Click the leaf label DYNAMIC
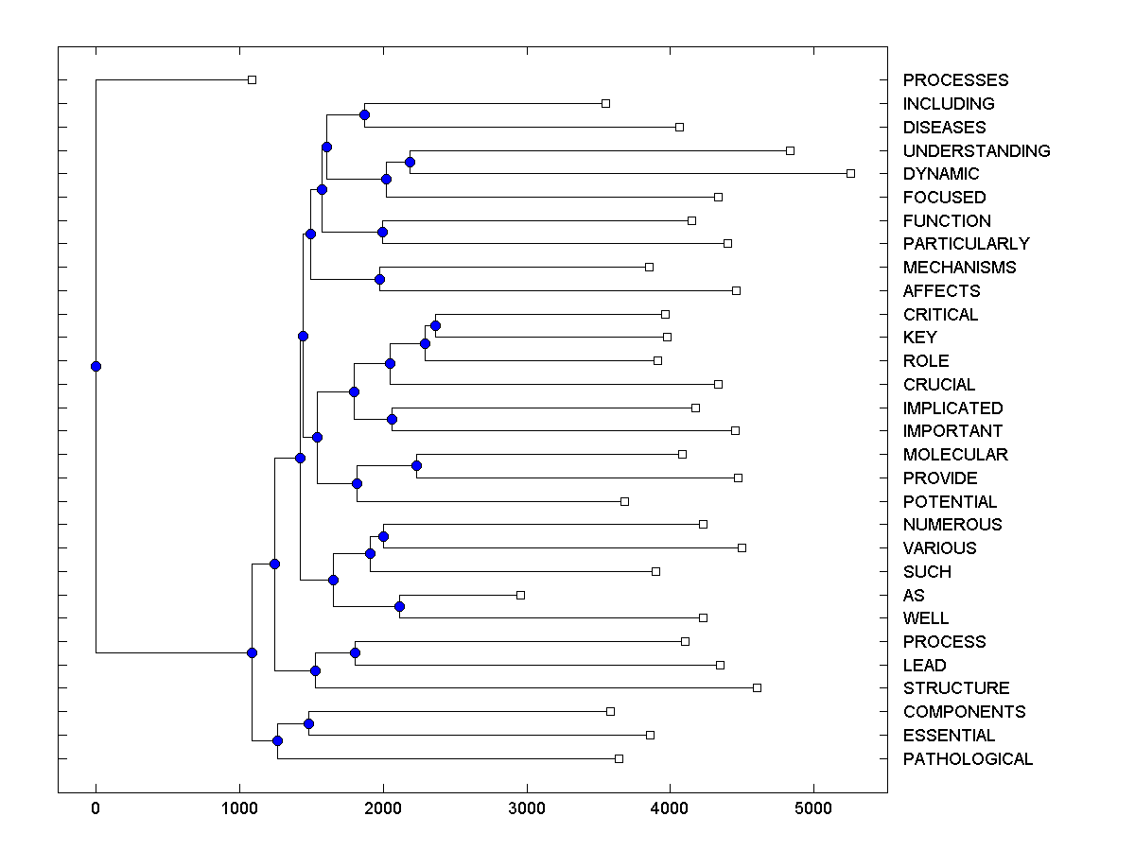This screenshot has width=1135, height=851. pos(941,174)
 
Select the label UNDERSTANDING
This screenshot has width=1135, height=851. pos(976,151)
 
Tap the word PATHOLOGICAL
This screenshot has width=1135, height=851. pos(968,759)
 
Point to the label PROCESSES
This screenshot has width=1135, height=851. pos(955,80)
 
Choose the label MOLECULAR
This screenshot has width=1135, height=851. pos(955,455)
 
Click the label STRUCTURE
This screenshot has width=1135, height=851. pos(956,688)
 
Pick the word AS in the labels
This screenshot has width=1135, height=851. pos(914,596)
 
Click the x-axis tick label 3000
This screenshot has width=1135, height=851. pos(526,809)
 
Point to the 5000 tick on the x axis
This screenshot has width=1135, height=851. pos(813,809)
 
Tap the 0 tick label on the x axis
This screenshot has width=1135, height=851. pos(96,809)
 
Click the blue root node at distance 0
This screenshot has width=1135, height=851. pos(96,366)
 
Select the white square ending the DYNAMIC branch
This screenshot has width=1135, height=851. pos(850,173)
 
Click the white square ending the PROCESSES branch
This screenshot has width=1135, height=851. pos(252,79)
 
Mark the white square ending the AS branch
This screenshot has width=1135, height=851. pos(520,595)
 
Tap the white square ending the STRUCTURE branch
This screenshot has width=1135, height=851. pos(757,687)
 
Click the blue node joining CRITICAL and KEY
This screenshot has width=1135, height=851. pos(435,325)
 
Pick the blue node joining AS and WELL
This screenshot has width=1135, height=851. pos(399,606)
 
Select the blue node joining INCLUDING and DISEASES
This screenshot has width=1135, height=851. pos(364,114)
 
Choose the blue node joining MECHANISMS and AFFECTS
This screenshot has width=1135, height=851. pos(379,279)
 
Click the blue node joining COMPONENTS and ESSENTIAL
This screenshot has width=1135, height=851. pos(308,723)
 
